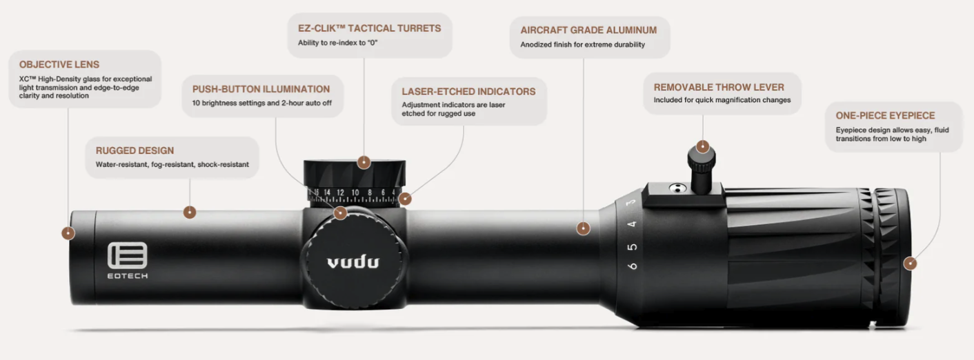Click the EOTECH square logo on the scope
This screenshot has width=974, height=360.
[128, 255]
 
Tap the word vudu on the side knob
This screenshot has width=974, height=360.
[353, 262]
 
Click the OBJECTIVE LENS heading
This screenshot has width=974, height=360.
[59, 64]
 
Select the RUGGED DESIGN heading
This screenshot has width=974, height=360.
[135, 150]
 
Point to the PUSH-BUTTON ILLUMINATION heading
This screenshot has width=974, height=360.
[261, 89]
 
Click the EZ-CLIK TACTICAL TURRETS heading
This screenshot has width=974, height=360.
[370, 28]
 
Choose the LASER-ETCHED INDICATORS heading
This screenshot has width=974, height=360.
[469, 91]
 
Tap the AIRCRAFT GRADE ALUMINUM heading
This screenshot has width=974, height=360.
[589, 30]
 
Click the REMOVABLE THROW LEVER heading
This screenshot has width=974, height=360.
[719, 87]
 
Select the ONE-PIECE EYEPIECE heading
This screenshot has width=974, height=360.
[885, 116]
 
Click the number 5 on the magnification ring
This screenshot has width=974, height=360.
[633, 247]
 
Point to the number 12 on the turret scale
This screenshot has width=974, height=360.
[341, 192]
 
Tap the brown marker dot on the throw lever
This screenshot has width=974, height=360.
[703, 146]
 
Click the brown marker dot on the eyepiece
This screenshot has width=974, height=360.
[910, 263]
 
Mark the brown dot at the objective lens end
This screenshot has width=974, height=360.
[68, 233]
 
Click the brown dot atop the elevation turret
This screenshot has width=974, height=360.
[364, 163]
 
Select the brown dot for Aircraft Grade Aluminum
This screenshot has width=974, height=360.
[583, 228]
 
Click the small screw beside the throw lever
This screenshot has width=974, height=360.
[677, 188]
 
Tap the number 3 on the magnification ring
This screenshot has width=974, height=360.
[631, 202]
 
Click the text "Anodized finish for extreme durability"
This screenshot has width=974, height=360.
[583, 44]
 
